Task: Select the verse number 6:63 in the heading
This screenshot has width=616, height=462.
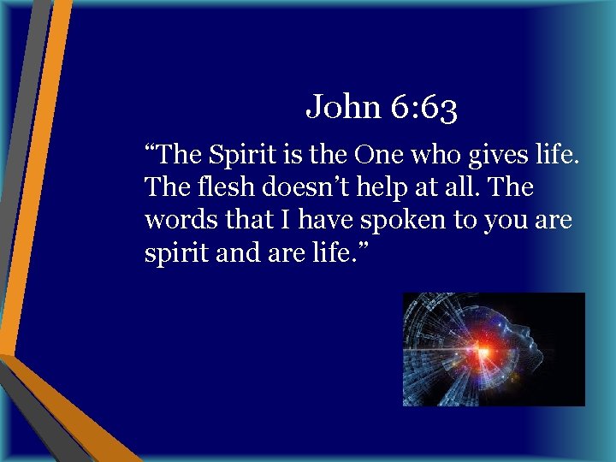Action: point(423,108)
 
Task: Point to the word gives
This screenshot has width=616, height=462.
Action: point(489,156)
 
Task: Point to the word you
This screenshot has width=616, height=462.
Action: point(506,219)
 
